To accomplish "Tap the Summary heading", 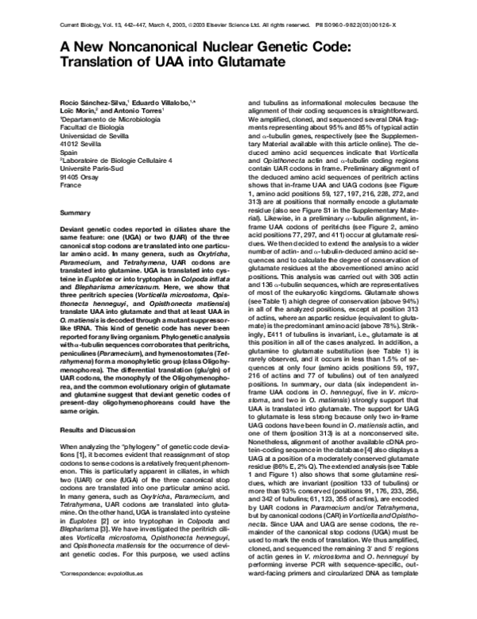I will point(75,213).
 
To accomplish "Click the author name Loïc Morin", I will point(79,112).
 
